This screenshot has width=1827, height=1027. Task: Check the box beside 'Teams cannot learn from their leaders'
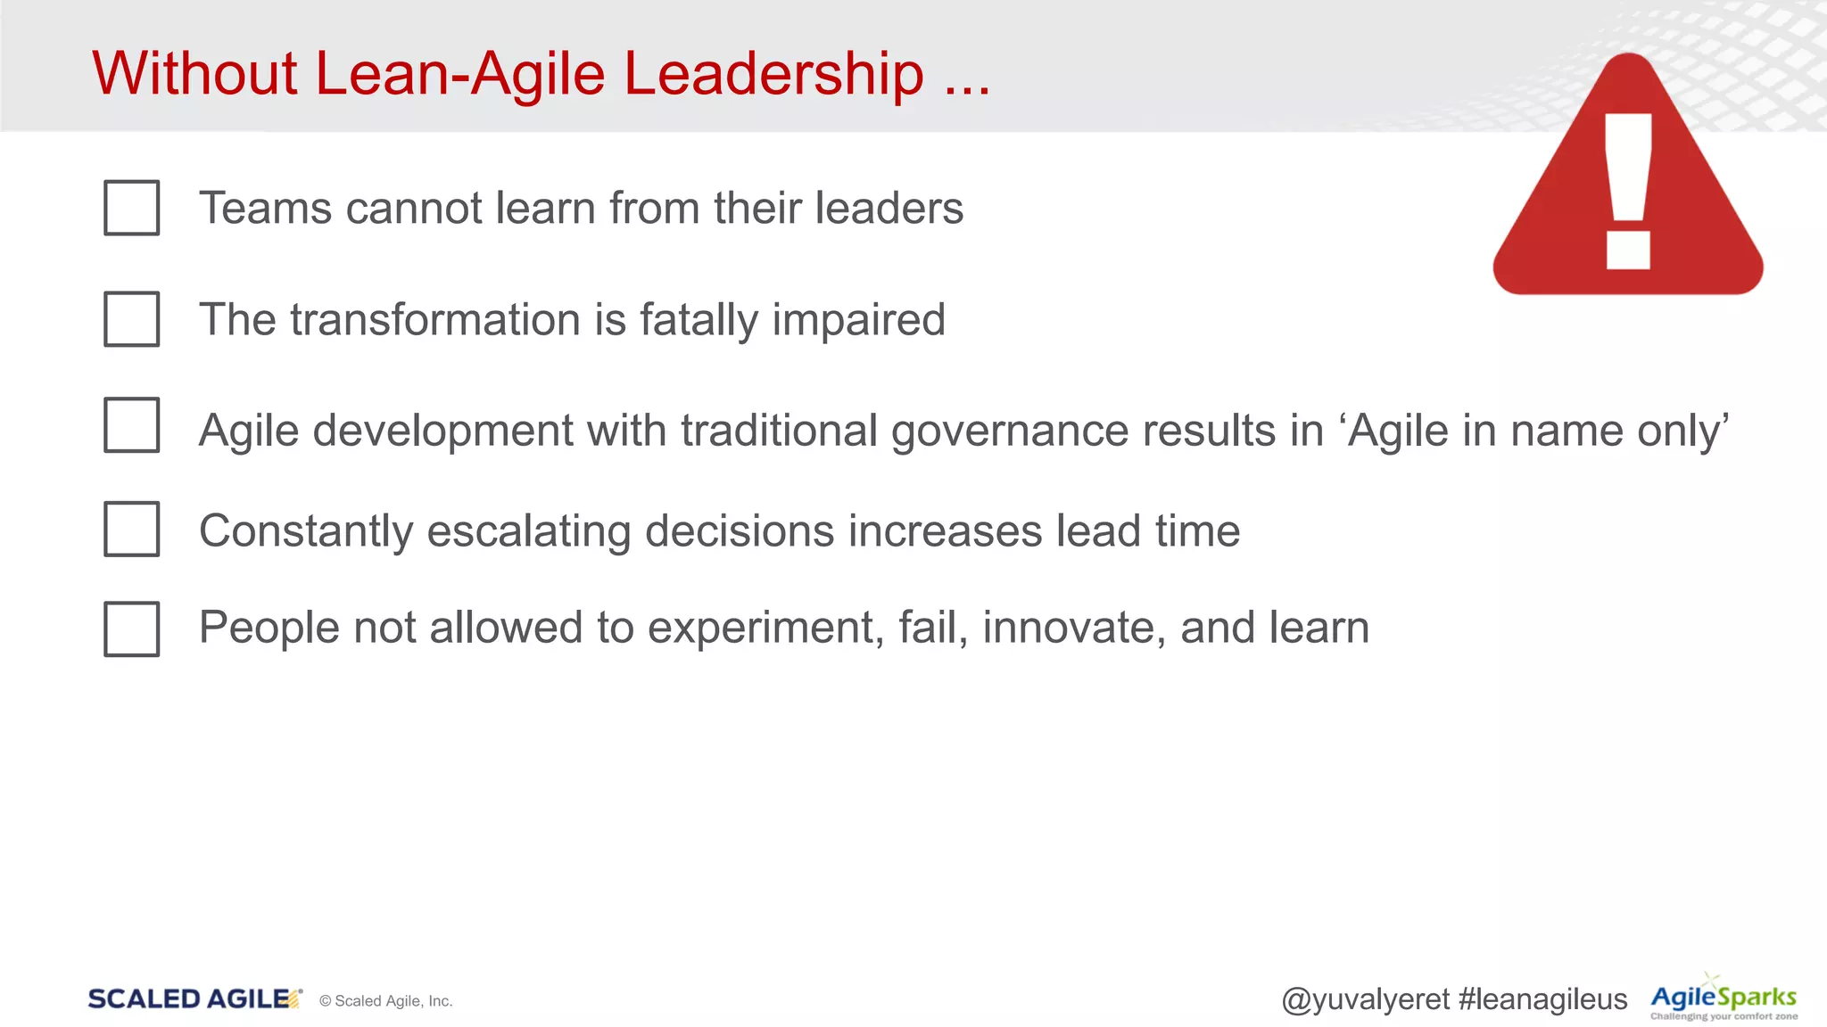pyautogui.click(x=131, y=208)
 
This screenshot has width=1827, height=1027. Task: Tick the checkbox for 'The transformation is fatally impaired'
pyautogui.click(x=131, y=319)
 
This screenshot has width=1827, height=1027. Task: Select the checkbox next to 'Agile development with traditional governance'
pyautogui.click(x=131, y=425)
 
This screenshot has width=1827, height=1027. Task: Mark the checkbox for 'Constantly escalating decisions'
pyautogui.click(x=131, y=530)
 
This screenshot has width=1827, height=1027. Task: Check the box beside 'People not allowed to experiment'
pyautogui.click(x=131, y=629)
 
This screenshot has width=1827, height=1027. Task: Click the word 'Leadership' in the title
pyautogui.click(x=773, y=73)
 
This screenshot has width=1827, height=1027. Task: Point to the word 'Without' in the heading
pyautogui.click(x=194, y=73)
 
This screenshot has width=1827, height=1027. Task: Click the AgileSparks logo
pyautogui.click(x=1724, y=999)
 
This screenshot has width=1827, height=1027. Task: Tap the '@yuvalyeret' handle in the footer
pyautogui.click(x=1365, y=1000)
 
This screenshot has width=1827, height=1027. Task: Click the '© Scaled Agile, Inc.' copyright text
pyautogui.click(x=386, y=1001)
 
